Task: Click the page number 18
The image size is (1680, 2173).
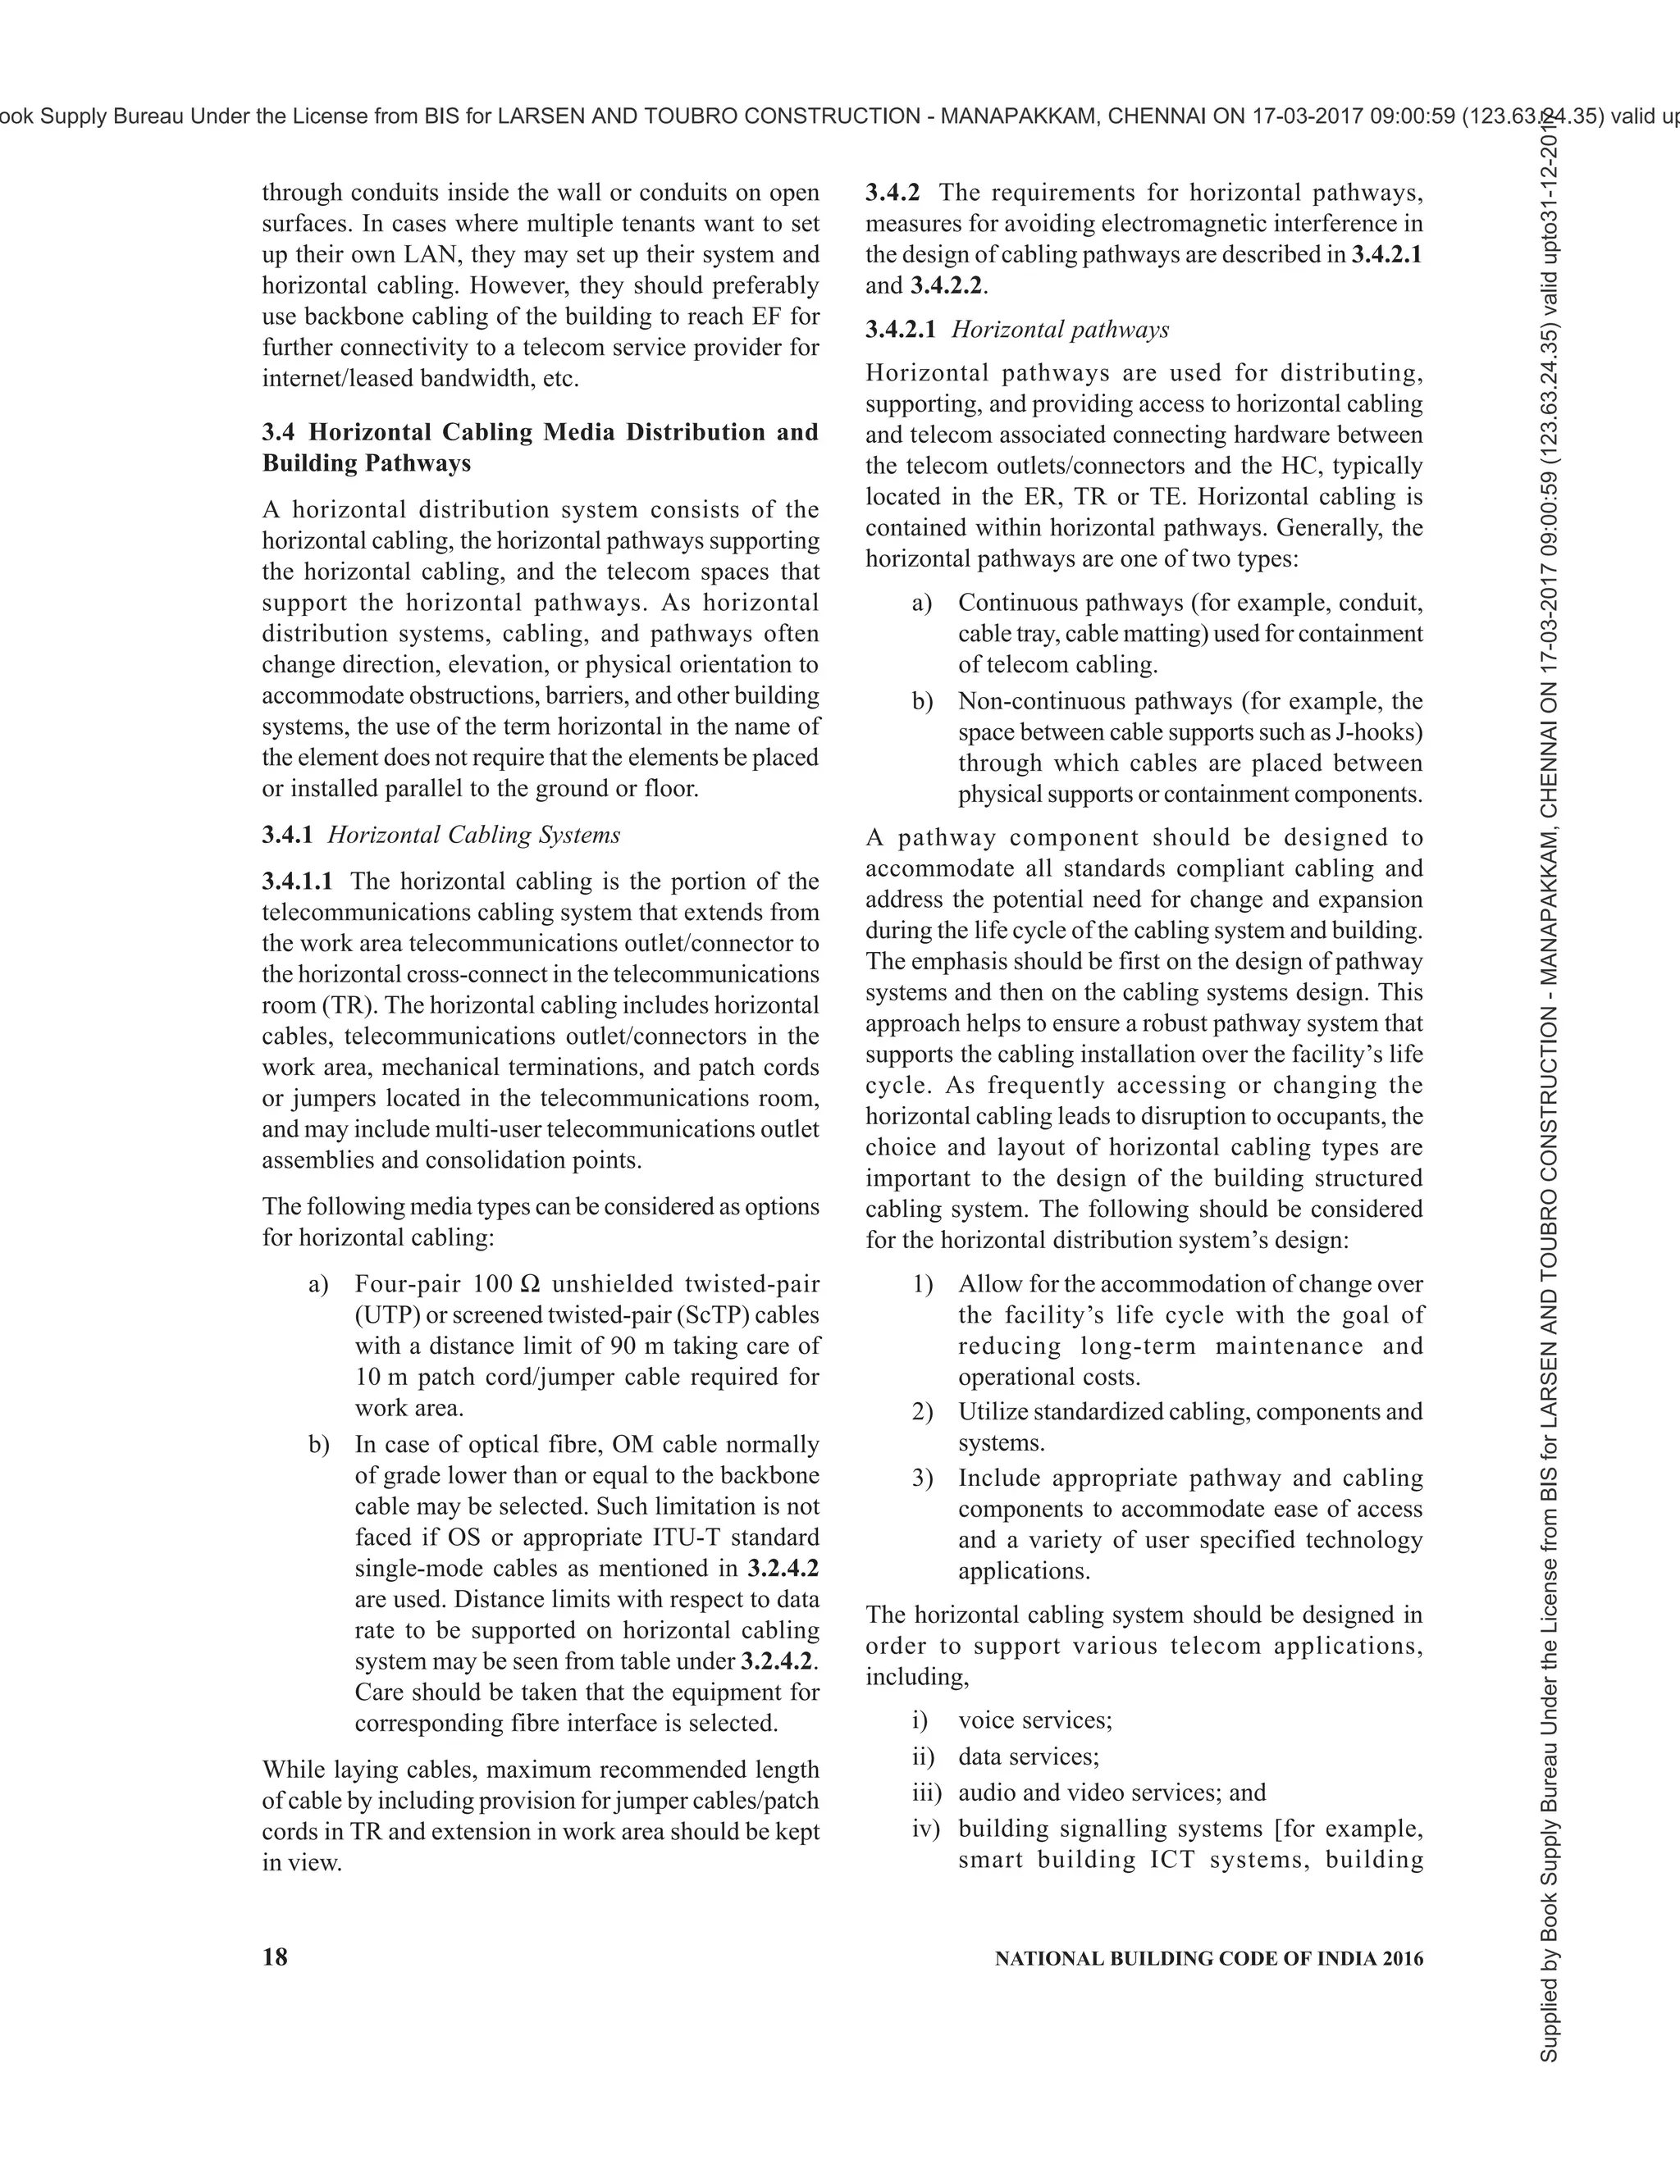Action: click(x=275, y=1957)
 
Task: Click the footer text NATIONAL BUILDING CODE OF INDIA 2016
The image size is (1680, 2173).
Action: click(x=1208, y=1959)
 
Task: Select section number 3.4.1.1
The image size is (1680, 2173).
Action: click(x=298, y=881)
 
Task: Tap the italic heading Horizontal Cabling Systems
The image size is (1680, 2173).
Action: click(x=474, y=835)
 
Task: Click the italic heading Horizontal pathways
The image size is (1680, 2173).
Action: click(x=1060, y=330)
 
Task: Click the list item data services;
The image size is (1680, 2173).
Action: click(x=1028, y=1756)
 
